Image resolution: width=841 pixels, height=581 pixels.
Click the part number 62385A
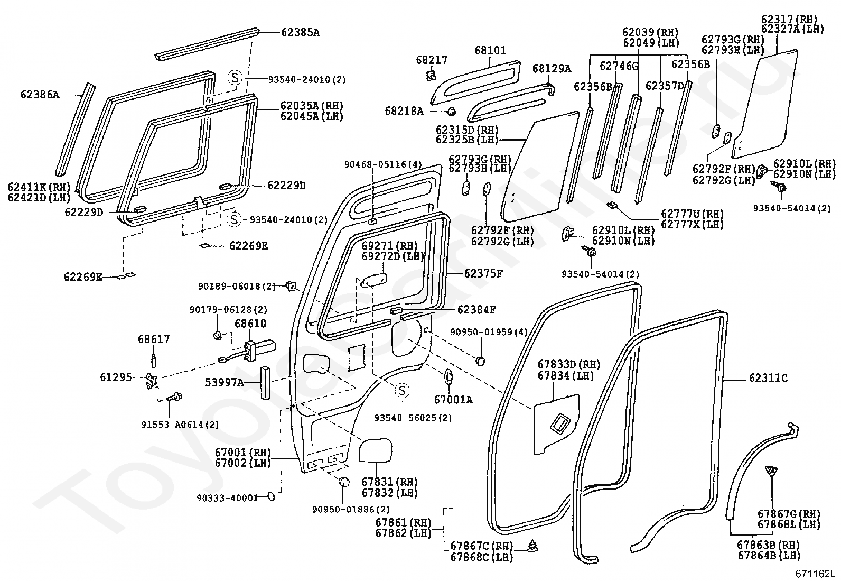click(x=300, y=32)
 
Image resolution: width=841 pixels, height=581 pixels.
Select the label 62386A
click(x=40, y=95)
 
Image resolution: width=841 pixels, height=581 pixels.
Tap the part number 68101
click(x=490, y=51)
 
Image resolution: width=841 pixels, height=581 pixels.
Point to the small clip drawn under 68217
click(x=431, y=76)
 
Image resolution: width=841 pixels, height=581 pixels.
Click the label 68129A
click(x=552, y=69)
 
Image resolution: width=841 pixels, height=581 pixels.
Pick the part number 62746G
click(x=619, y=66)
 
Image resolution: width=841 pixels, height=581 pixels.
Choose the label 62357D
click(x=665, y=86)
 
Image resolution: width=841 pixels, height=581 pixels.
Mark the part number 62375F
click(x=483, y=273)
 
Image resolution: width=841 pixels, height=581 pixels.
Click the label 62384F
click(x=476, y=310)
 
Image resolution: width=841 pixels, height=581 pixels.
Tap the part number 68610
click(x=250, y=324)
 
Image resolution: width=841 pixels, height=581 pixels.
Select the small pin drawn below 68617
click(x=154, y=359)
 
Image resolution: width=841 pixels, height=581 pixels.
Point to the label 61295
click(x=116, y=377)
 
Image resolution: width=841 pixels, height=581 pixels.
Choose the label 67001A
click(x=453, y=400)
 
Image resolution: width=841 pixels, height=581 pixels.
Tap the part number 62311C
click(x=768, y=378)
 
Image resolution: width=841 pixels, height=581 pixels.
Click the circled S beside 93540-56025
click(x=402, y=391)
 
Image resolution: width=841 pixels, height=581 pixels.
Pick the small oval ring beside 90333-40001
click(x=270, y=496)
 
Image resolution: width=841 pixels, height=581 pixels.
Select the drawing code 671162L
click(x=816, y=574)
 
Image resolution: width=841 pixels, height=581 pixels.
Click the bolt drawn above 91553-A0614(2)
click(x=174, y=396)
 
